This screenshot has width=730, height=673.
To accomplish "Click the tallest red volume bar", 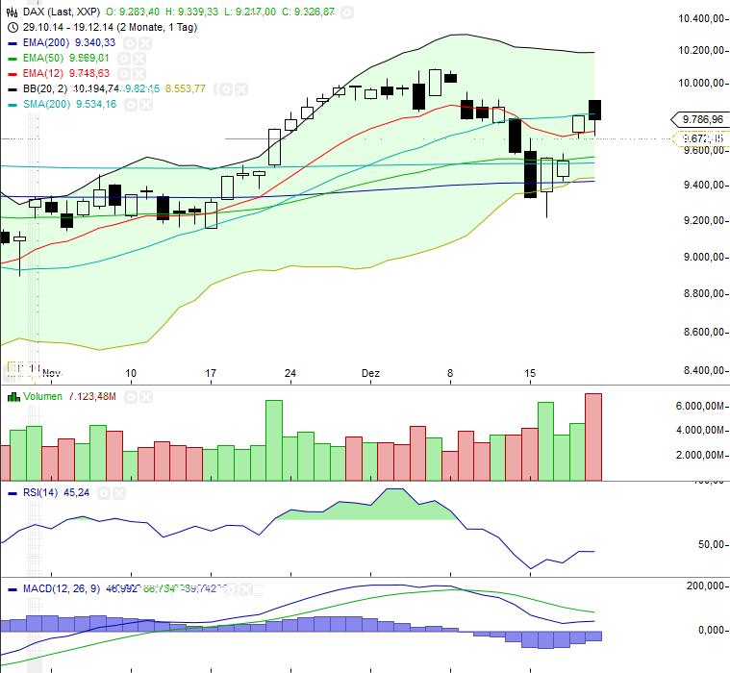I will tap(592, 437).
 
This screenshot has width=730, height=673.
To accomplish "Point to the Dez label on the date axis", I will tap(371, 373).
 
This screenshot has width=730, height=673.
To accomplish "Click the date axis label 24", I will tap(290, 373).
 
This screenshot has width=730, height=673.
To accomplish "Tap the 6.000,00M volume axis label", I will tap(699, 407).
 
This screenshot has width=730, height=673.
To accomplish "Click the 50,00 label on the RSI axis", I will tap(712, 545).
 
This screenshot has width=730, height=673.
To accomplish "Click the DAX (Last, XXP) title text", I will tap(58, 11).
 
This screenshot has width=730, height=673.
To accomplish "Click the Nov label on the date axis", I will tap(51, 373).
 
